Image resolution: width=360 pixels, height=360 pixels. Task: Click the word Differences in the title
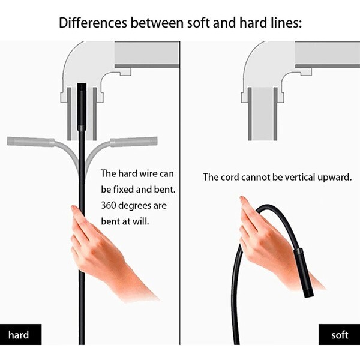92,23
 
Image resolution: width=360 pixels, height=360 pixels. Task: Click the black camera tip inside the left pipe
82,107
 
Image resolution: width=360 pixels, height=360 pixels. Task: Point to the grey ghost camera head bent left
30,142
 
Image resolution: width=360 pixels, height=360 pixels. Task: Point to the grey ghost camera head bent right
133,142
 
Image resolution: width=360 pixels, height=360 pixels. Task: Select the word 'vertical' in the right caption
287,177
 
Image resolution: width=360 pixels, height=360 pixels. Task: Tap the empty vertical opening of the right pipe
262,114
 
